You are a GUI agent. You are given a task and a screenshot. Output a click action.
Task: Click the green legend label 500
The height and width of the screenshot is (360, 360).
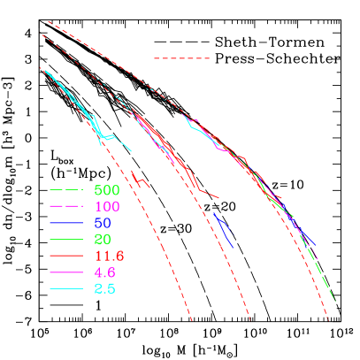106,189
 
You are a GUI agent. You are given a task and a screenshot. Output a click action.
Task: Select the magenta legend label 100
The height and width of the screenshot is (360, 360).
106,206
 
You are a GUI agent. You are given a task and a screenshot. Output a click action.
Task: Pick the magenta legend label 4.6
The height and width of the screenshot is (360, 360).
104,272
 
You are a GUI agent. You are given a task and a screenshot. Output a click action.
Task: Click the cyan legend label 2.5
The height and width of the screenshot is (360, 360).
104,289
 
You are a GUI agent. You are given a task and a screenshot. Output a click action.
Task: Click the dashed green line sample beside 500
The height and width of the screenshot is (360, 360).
65,189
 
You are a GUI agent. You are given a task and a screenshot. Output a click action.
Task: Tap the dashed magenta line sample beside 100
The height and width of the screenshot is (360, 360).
65,206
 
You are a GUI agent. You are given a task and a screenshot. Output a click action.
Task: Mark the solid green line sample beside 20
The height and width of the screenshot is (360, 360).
65,239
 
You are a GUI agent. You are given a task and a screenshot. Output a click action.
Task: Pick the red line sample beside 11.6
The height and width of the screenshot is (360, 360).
65,256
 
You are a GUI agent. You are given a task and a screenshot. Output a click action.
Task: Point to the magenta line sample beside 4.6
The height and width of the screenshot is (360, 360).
65,272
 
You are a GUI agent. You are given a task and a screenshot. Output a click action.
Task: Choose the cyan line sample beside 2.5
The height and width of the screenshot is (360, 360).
65,289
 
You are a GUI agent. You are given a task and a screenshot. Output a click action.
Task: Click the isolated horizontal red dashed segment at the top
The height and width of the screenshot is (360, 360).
181,58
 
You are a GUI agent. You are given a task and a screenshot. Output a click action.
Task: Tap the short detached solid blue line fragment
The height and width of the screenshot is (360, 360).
223,227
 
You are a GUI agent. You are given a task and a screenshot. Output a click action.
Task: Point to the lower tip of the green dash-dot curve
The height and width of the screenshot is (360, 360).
335,302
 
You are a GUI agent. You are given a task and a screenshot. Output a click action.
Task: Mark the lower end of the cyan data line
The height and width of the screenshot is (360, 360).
131,150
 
